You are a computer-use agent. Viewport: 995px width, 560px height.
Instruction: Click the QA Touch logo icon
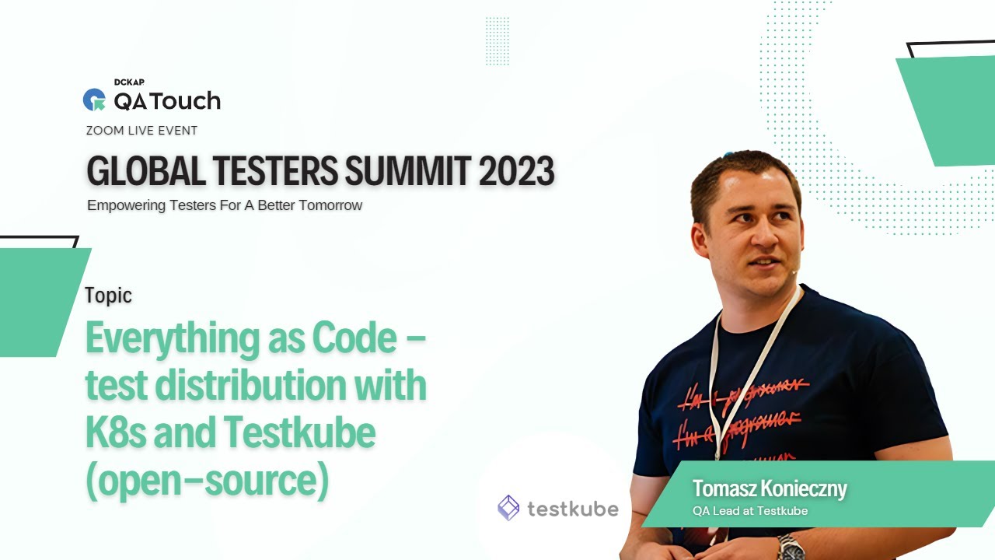(94, 100)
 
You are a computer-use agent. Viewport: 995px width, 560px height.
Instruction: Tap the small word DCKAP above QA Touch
(129, 82)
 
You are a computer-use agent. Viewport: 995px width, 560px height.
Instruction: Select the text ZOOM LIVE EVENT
(142, 131)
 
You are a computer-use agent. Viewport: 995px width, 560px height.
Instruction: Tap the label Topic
(108, 296)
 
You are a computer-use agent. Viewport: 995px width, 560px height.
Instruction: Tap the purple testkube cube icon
(508, 508)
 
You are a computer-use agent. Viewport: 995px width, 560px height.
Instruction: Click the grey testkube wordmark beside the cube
(573, 509)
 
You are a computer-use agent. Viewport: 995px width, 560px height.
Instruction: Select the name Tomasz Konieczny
(769, 489)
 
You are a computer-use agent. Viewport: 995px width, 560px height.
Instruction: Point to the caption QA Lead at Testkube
(750, 511)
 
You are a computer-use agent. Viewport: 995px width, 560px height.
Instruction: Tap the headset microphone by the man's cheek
(794, 271)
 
